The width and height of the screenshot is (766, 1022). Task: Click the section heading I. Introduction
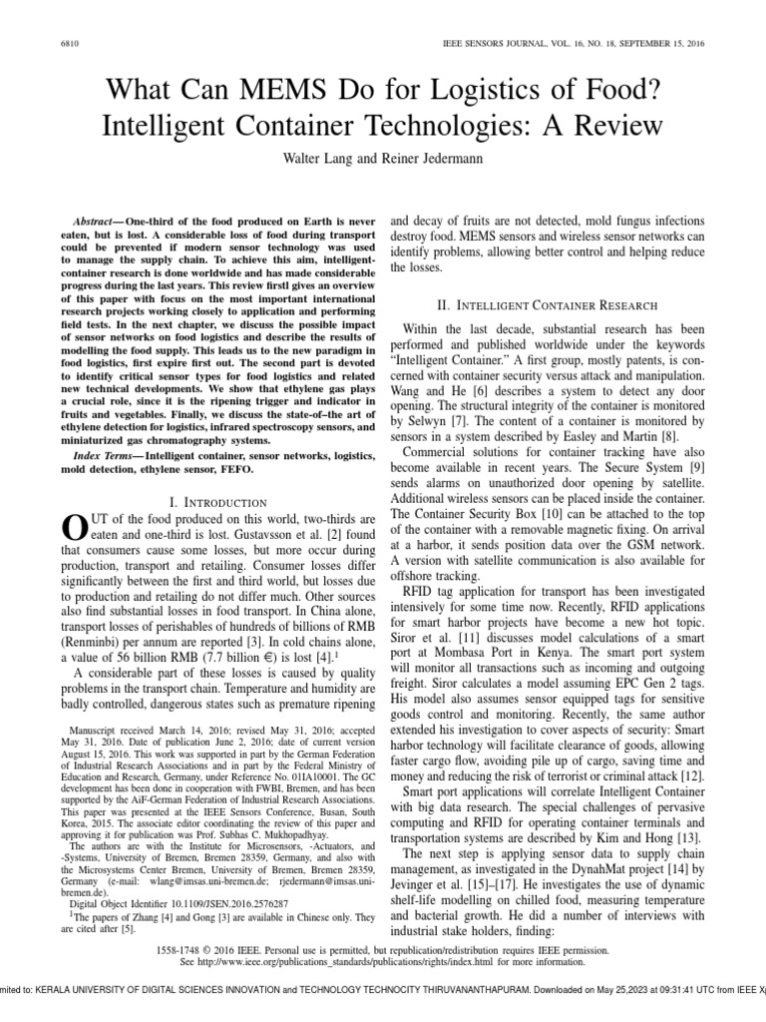click(216, 502)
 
